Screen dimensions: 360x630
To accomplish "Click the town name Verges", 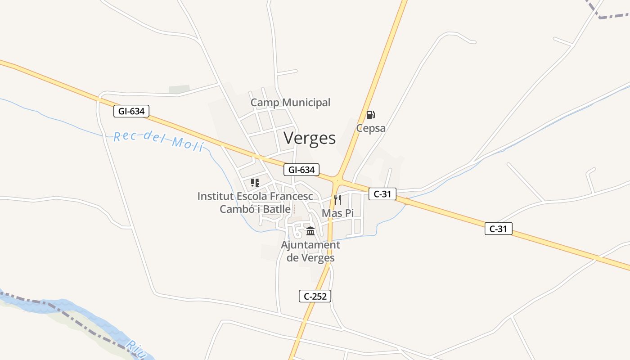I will point(310,138).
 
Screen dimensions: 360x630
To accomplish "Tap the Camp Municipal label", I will point(290,103).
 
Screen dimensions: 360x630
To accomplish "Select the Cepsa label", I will point(371,128).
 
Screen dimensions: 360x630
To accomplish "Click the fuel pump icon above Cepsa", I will point(370,115).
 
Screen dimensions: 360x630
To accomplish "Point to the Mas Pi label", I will point(338,213).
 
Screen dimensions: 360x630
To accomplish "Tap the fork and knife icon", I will point(337,199).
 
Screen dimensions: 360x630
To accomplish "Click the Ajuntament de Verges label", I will point(310,252).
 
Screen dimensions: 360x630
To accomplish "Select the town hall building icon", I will point(310,231).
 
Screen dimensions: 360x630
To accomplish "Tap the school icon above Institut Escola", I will point(255,183).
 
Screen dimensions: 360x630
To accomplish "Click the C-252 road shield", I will point(315,296).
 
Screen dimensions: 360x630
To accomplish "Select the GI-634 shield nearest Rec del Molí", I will point(131,111).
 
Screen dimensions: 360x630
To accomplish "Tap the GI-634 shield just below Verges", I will point(301,170).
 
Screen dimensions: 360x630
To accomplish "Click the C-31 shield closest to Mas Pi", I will point(382,194).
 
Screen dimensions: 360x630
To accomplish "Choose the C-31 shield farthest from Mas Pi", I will point(499,229).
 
